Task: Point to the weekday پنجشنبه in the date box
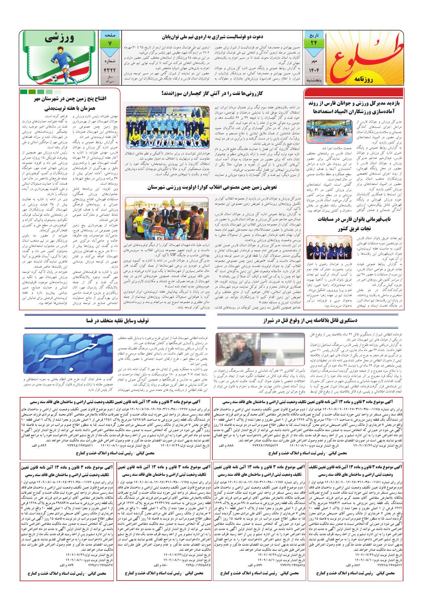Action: tap(314, 82)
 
